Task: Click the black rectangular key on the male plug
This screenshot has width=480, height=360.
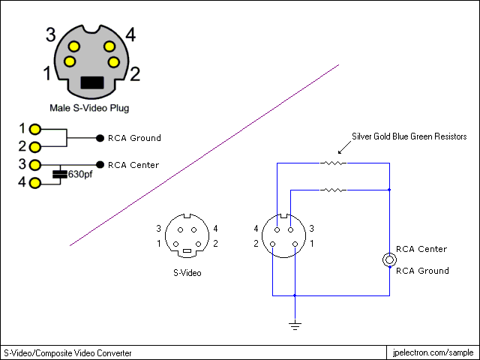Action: [x=92, y=82]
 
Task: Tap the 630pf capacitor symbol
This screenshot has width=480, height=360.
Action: [x=60, y=175]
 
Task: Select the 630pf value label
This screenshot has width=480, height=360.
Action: [x=80, y=175]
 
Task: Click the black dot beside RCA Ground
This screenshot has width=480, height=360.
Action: [x=100, y=138]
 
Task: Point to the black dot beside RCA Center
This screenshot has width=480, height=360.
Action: [x=100, y=165]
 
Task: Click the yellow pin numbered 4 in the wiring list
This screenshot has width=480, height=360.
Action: [x=35, y=183]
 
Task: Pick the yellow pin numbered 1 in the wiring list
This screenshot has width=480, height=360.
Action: [x=35, y=129]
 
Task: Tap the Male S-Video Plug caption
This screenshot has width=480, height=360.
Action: [x=89, y=108]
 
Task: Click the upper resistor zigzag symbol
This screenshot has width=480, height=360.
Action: [x=333, y=163]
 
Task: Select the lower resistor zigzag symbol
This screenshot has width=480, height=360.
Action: [x=333, y=190]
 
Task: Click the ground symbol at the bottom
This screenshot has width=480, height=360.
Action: [x=295, y=325]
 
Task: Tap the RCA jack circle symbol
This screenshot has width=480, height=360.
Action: [x=389, y=260]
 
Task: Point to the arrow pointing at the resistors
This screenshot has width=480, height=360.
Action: [x=345, y=147]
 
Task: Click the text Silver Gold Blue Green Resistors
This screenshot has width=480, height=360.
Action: [x=409, y=136]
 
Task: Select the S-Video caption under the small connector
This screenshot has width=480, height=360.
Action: [x=187, y=273]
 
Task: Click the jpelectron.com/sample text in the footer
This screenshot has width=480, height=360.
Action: [x=433, y=352]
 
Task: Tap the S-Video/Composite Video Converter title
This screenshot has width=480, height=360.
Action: [x=67, y=353]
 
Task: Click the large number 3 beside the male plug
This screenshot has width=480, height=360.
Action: [x=51, y=34]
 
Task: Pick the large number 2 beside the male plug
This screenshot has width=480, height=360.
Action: [x=135, y=73]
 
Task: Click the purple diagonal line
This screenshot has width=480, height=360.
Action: [x=204, y=155]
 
